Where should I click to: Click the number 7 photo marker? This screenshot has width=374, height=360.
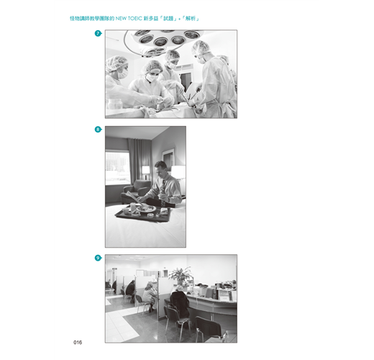(x=98, y=33)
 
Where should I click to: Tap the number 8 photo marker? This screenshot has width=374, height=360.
(x=98, y=130)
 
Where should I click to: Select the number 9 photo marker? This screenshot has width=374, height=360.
(x=98, y=258)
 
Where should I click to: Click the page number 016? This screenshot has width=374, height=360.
(x=78, y=342)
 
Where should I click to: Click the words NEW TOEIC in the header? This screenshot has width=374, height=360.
(x=129, y=19)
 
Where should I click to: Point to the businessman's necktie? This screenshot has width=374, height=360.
(x=163, y=193)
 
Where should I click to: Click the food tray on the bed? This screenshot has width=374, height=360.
(x=143, y=213)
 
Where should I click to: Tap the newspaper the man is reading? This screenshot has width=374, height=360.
(x=132, y=196)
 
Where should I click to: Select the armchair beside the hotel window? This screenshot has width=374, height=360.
(x=134, y=192)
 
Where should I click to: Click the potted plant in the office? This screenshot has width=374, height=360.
(x=181, y=276)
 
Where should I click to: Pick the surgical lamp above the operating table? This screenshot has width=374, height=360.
(x=163, y=42)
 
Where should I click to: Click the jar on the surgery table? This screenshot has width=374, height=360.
(x=115, y=104)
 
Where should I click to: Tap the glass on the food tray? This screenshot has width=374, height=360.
(x=133, y=207)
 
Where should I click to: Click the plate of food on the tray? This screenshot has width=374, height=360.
(x=145, y=209)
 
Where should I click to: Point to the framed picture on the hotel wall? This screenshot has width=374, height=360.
(x=168, y=159)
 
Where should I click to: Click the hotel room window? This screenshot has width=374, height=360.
(x=117, y=168)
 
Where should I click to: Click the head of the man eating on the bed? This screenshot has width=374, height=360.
(x=160, y=168)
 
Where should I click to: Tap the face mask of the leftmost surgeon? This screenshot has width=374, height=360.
(x=122, y=75)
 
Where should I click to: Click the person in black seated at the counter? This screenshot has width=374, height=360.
(x=180, y=301)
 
